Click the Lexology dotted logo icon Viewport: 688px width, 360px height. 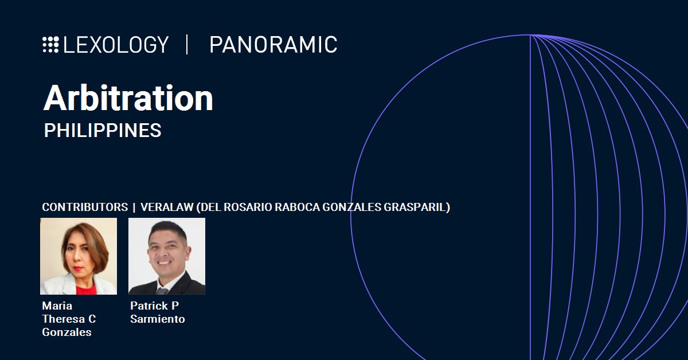pos(50,45)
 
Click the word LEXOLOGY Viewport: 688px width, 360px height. pos(116,45)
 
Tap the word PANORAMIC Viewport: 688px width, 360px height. pos(273,45)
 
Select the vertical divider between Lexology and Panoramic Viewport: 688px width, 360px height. pos(187,45)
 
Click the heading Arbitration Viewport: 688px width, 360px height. pos(128,98)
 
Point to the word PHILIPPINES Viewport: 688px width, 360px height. pos(103,130)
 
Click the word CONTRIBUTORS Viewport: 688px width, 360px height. pos(85,207)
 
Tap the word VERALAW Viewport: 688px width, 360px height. pos(167,207)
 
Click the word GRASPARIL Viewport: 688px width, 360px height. pos(415,207)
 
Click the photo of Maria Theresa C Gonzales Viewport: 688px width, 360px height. pos(79,256)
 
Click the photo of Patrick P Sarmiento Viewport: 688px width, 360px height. pos(167,256)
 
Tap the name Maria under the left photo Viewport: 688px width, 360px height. pos(57,306)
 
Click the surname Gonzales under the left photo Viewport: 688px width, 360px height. pos(67,332)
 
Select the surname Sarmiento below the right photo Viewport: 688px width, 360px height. pos(158,319)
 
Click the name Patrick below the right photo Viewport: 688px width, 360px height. pos(149,306)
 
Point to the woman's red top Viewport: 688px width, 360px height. pos(86,289)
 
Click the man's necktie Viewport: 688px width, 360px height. pos(162,291)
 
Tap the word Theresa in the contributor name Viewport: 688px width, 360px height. pos(64,319)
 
